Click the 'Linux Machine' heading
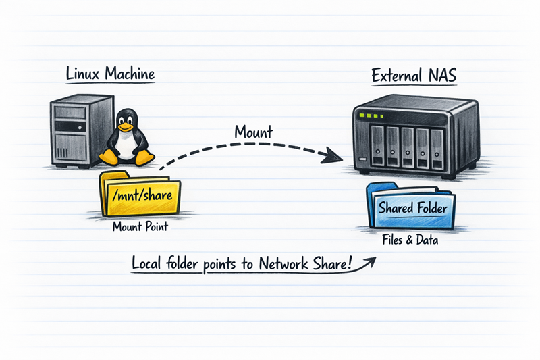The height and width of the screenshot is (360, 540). [110, 74]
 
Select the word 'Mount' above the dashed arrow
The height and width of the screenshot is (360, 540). [253, 131]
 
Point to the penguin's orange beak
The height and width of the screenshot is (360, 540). [124, 126]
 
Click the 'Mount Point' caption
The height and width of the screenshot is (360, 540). [140, 228]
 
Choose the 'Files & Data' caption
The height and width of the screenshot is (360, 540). [413, 240]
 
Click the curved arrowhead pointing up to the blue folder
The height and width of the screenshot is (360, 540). [373, 257]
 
